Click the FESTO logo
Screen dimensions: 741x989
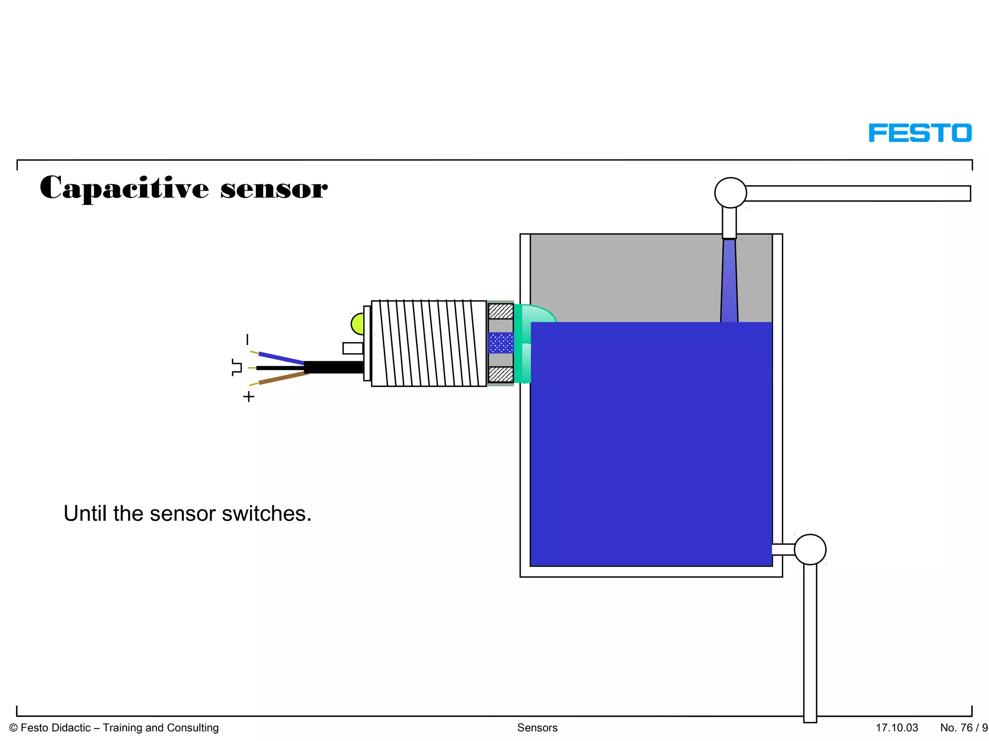click(x=920, y=133)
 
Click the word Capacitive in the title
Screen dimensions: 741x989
click(x=125, y=188)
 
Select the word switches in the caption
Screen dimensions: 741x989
click(x=267, y=514)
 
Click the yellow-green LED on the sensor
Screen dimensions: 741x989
click(x=357, y=324)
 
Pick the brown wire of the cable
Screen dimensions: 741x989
click(x=283, y=378)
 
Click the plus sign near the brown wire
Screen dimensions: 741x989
click(x=249, y=397)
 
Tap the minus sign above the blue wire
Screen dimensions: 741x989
click(x=248, y=340)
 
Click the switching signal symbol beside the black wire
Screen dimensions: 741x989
click(x=237, y=368)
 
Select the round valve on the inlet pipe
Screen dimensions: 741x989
click(x=731, y=193)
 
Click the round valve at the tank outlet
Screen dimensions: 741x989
click(x=810, y=549)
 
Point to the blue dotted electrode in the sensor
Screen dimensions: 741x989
click(x=501, y=343)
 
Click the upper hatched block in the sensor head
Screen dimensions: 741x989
click(x=501, y=311)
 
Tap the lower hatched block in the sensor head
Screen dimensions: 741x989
click(x=501, y=374)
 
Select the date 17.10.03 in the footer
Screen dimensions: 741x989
click(x=897, y=728)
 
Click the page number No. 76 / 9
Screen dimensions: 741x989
click(x=963, y=728)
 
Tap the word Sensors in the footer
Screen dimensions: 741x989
click(x=537, y=728)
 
